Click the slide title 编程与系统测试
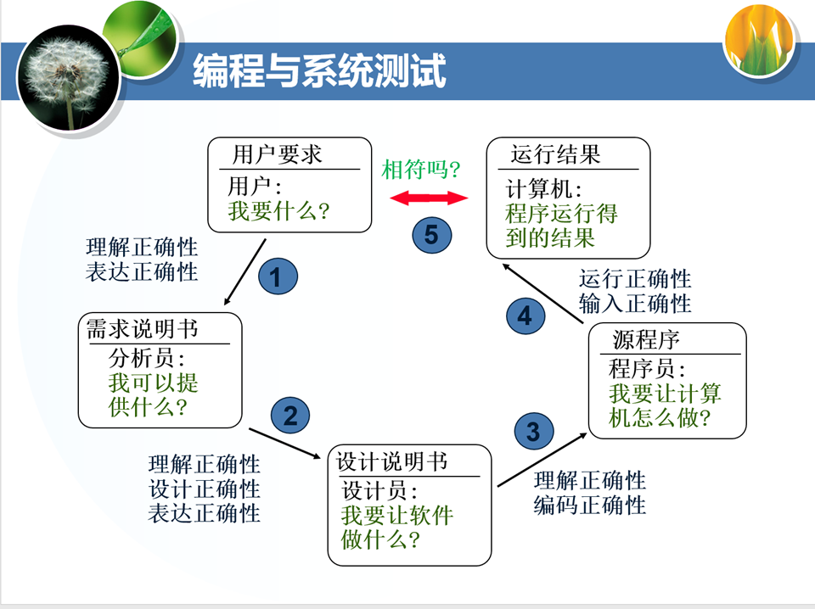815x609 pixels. point(318,71)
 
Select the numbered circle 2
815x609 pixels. point(290,416)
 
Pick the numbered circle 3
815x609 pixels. point(533,432)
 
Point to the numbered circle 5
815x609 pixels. point(431,234)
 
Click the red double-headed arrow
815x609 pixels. point(429,198)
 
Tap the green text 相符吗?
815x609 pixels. point(421,169)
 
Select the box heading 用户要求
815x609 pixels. point(278,155)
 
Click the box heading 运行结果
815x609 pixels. point(555,155)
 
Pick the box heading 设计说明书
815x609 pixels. point(392,462)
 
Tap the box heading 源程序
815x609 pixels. point(646,340)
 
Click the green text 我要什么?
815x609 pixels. point(278,210)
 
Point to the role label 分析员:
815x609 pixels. point(147,356)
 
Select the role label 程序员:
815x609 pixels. point(647,369)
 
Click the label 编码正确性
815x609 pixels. point(590,506)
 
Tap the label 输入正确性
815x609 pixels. point(635,303)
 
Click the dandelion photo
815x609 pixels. point(68,75)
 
